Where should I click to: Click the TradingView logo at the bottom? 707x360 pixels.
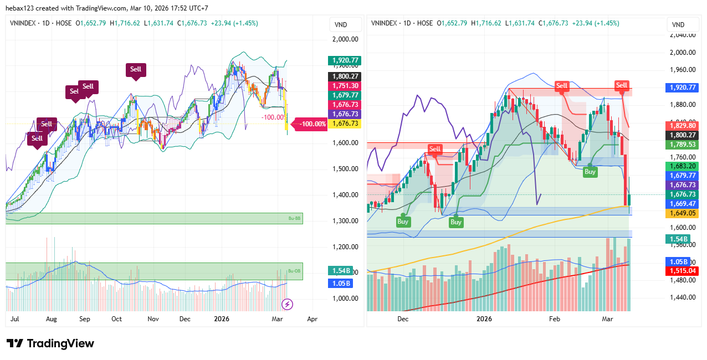[x=50, y=343]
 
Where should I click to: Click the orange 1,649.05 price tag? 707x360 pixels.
[x=681, y=213]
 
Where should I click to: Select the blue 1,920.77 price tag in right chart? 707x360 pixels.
[x=681, y=88]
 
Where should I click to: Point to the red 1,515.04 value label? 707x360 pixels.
[x=681, y=270]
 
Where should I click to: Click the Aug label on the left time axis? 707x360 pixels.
[x=51, y=319]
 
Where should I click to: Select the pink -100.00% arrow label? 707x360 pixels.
[x=312, y=124]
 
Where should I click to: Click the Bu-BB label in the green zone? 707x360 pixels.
[x=295, y=219]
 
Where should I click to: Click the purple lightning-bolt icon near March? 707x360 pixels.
[x=288, y=304]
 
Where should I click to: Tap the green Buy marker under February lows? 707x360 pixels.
[x=590, y=172]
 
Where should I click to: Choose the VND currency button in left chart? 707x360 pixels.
[x=341, y=25]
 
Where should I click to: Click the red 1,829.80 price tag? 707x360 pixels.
[x=681, y=126]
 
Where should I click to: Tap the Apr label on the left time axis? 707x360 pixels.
[x=312, y=319]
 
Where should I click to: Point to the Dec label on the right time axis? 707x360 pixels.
[x=403, y=319]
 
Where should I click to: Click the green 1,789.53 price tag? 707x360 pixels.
[x=681, y=145]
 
